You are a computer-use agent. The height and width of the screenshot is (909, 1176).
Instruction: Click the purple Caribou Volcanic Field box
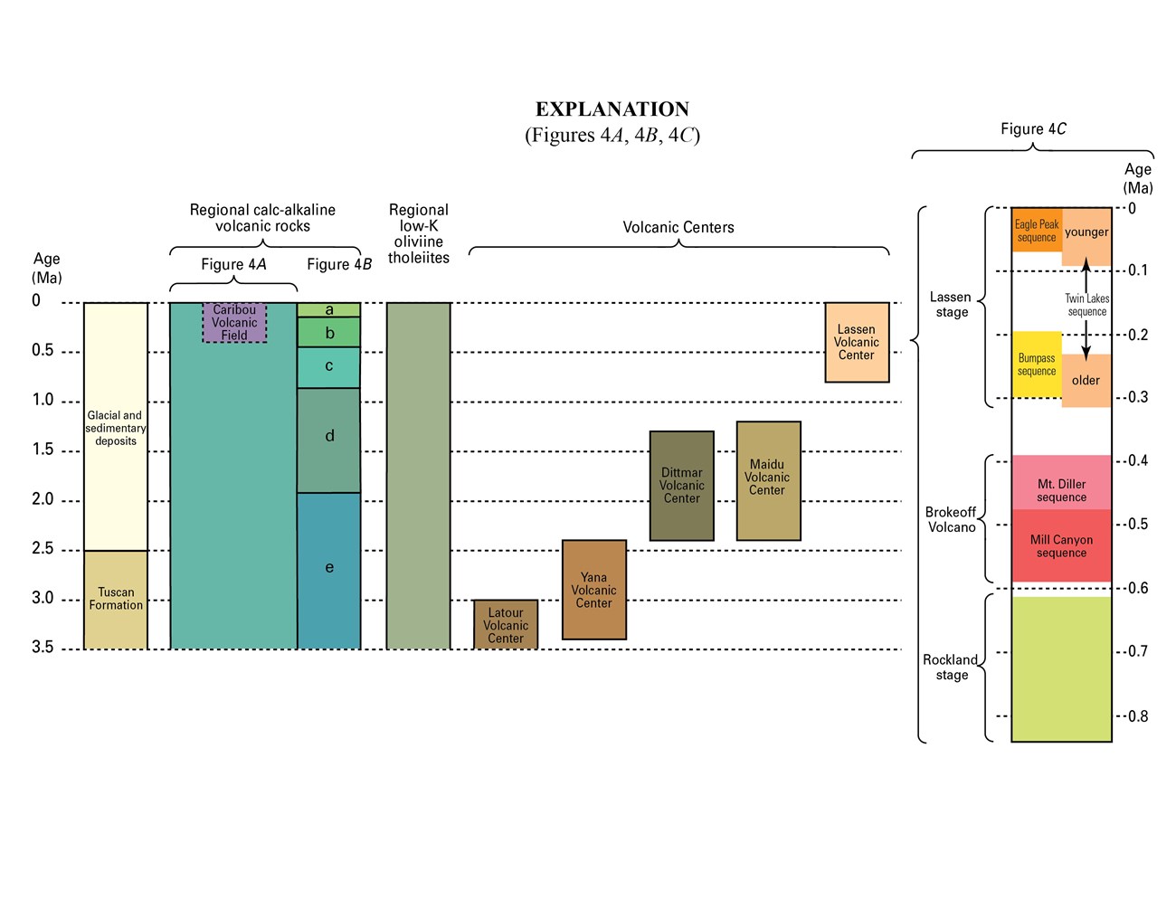click(x=234, y=323)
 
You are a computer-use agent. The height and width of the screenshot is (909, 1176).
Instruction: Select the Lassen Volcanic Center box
click(x=857, y=342)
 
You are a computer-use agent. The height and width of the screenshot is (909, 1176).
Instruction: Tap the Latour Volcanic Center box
click(x=506, y=625)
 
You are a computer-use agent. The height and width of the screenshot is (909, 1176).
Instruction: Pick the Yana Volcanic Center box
click(x=593, y=590)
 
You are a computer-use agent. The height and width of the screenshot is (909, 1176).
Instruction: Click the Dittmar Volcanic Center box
click(x=681, y=486)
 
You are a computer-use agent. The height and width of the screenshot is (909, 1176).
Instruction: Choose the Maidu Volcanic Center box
click(x=768, y=480)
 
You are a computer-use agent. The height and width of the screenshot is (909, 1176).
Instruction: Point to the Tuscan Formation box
click(x=116, y=599)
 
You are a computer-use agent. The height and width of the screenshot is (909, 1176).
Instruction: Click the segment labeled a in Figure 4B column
click(x=329, y=310)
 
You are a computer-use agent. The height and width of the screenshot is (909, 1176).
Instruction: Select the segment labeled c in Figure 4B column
click(x=329, y=366)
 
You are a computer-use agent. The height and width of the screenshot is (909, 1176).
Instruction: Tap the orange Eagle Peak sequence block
click(x=1037, y=231)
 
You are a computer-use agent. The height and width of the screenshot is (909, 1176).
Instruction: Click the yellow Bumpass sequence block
click(x=1037, y=365)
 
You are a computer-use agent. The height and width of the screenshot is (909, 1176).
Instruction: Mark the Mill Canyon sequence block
click(x=1061, y=545)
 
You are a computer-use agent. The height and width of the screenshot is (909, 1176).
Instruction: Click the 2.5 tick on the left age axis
click(x=43, y=549)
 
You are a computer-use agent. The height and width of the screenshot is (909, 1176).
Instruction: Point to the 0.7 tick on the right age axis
click(x=1138, y=651)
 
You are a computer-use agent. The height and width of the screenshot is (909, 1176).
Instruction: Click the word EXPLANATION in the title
click(x=612, y=109)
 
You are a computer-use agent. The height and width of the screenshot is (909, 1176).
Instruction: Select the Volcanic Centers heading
click(x=678, y=227)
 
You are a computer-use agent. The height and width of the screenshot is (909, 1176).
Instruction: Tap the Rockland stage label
click(x=951, y=667)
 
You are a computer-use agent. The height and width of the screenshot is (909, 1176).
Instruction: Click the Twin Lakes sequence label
click(x=1087, y=305)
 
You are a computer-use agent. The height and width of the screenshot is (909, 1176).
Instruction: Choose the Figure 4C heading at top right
click(x=1033, y=128)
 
